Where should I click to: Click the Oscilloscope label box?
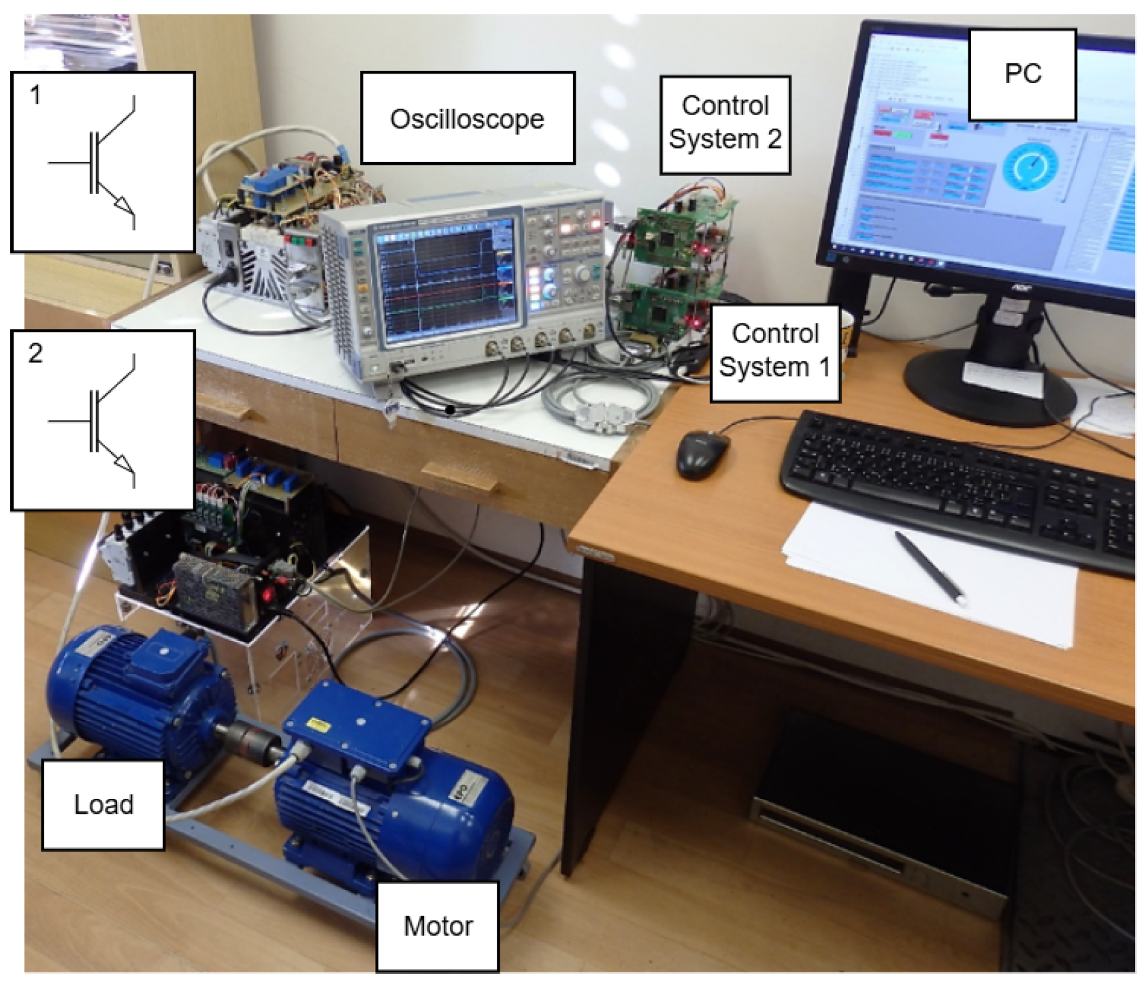(467, 118)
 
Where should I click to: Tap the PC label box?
(1022, 74)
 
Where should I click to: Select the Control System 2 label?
(725, 123)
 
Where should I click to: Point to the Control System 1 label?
(774, 351)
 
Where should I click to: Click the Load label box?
(103, 804)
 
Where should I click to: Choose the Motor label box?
(438, 926)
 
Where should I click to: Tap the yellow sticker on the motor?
(318, 723)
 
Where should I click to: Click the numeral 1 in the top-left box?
(35, 95)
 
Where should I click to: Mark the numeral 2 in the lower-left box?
(35, 353)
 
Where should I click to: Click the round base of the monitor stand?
(990, 388)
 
